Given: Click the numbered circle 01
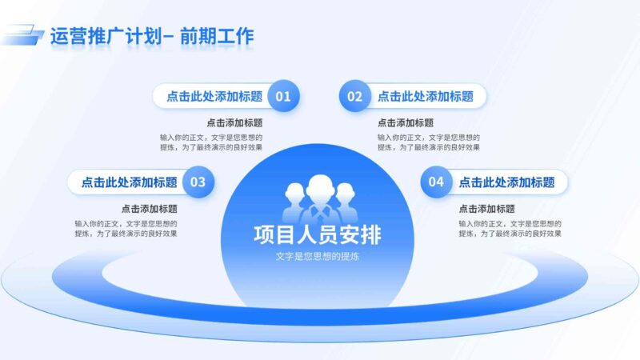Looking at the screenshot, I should click(283, 97).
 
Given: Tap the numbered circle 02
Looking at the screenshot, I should click(354, 97).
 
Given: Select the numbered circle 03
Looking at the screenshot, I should click(198, 182).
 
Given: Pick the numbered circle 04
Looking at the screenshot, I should click(436, 182).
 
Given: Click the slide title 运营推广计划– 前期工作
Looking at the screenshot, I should click(151, 36).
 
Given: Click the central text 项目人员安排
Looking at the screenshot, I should click(318, 235).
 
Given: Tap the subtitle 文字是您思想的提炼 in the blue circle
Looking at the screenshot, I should click(318, 256).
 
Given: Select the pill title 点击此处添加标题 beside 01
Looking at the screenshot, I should click(214, 97).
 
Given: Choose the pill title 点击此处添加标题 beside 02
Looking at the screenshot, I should click(426, 97).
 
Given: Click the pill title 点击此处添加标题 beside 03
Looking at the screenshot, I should click(129, 182).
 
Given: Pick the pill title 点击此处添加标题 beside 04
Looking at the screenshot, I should click(506, 182).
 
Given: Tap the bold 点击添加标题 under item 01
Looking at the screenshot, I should click(234, 123).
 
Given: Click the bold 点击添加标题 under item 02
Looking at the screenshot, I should click(406, 123).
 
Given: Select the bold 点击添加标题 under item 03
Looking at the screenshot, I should click(150, 209).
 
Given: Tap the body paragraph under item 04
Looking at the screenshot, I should click(510, 228).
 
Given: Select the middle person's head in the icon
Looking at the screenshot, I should click(319, 186).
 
